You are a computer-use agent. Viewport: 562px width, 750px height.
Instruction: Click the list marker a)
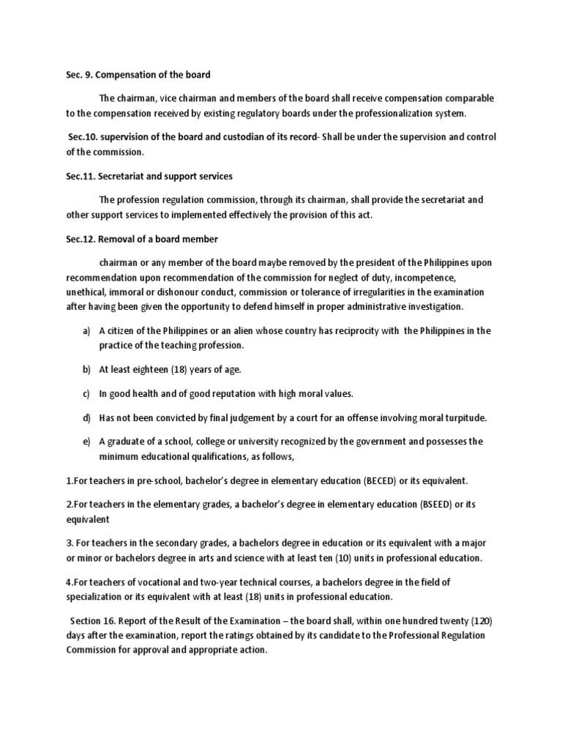pyautogui.click(x=86, y=331)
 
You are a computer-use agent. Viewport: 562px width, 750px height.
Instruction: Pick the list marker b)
pyautogui.click(x=86, y=369)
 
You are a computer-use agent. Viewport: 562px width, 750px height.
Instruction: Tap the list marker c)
pyautogui.click(x=86, y=393)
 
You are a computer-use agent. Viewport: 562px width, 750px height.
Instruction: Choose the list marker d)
pyautogui.click(x=86, y=418)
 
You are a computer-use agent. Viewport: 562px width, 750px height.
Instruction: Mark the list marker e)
pyautogui.click(x=86, y=442)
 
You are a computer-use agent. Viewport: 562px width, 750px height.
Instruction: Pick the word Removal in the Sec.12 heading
pyautogui.click(x=118, y=240)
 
